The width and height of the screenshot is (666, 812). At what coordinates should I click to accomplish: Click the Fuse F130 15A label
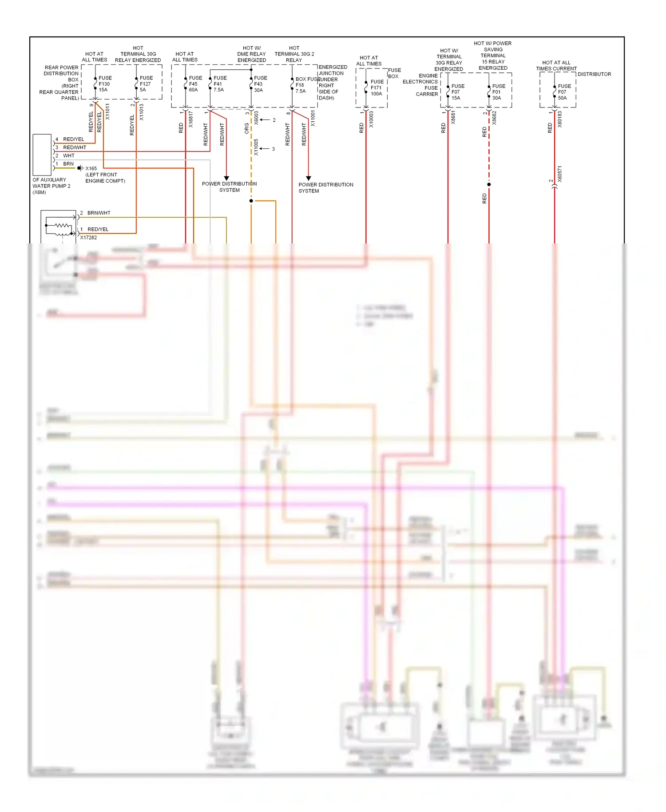coord(105,84)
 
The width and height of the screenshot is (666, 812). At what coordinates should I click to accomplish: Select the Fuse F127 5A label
coord(146,84)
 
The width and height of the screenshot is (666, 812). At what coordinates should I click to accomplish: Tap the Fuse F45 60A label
coord(195,84)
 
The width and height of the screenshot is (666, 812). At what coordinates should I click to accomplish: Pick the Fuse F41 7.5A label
coord(219,84)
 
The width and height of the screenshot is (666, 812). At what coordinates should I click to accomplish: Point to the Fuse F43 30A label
coord(260,84)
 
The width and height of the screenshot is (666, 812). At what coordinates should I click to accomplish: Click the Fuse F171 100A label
coord(377,88)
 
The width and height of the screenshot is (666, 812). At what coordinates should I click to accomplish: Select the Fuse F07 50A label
coord(564,92)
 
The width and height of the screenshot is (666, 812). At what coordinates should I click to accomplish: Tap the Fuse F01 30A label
coord(498,92)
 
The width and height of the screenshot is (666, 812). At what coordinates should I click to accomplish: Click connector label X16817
coord(191,119)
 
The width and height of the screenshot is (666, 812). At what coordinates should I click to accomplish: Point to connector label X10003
coord(371,119)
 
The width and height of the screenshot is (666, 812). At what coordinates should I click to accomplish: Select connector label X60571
coord(559,174)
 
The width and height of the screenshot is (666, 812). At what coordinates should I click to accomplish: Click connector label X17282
coord(88,238)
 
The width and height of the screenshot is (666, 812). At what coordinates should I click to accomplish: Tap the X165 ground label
coord(91,168)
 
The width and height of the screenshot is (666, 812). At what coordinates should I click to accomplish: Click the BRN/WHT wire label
coord(99,213)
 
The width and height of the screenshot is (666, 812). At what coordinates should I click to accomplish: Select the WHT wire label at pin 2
coord(69,156)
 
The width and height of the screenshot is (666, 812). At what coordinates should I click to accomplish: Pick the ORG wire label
coord(247,128)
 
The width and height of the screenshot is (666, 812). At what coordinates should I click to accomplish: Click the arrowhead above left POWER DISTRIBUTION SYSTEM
coord(226,178)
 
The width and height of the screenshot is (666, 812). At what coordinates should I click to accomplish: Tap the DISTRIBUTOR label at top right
coord(594,74)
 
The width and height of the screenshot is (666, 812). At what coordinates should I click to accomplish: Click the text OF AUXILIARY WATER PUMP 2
coord(51,186)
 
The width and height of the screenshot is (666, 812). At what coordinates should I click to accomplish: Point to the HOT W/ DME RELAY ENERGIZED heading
coord(251,54)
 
